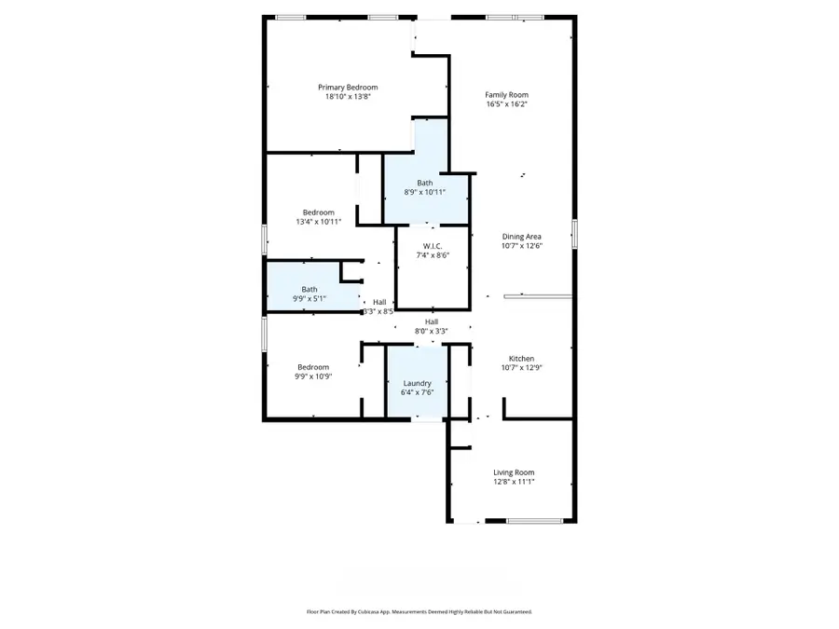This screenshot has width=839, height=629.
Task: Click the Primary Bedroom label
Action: point(348,87)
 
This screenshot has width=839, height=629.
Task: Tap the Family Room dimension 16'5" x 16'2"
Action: point(506,104)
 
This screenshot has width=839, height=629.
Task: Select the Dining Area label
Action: point(521,237)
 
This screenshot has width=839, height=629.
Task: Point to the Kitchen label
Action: point(520,359)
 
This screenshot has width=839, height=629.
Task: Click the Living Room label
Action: point(514,472)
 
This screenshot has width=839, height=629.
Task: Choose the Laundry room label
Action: point(417,383)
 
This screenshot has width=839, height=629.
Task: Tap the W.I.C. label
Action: point(431,245)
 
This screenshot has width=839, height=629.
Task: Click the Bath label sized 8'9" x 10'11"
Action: point(424,183)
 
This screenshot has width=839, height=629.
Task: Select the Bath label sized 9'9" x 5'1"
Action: point(309,289)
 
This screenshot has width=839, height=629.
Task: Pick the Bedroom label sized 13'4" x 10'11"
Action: point(318,212)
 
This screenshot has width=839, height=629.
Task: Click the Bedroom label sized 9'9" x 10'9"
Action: point(313,367)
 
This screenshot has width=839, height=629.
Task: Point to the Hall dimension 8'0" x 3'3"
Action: point(432,331)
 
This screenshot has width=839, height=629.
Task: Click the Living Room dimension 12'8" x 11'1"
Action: point(514,483)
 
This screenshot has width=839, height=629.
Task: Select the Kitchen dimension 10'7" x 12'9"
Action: point(520,369)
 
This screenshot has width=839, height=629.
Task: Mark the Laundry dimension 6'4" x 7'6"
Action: point(417,393)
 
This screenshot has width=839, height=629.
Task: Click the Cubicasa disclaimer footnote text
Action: point(419,612)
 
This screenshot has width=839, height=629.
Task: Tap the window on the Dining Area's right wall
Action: point(574,233)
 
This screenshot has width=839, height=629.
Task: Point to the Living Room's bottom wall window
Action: point(534,521)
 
